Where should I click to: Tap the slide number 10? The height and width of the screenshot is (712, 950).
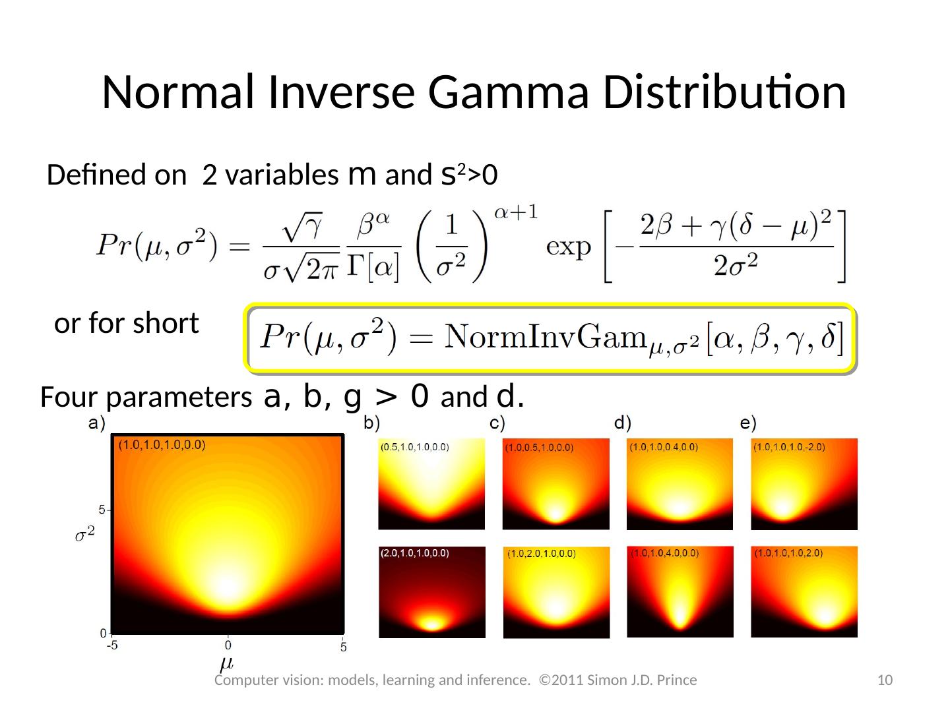885,680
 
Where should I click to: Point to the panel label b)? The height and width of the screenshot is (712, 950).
372,423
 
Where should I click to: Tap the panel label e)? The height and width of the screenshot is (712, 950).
748,423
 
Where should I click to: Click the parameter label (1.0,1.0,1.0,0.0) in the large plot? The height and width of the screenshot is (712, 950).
162,445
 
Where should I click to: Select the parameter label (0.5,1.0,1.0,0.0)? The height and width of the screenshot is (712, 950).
414,448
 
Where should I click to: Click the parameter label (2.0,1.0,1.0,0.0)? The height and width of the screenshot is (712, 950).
414,554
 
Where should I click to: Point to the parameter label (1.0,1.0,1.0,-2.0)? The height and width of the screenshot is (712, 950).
789,447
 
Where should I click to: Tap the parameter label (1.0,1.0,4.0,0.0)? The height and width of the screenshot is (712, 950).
665,554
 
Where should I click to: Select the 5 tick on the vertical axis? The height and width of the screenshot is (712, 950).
102,510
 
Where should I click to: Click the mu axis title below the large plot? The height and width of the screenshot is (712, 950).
227,661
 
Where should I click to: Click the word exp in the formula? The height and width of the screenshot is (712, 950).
569,248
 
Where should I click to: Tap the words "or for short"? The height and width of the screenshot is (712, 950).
127,324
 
